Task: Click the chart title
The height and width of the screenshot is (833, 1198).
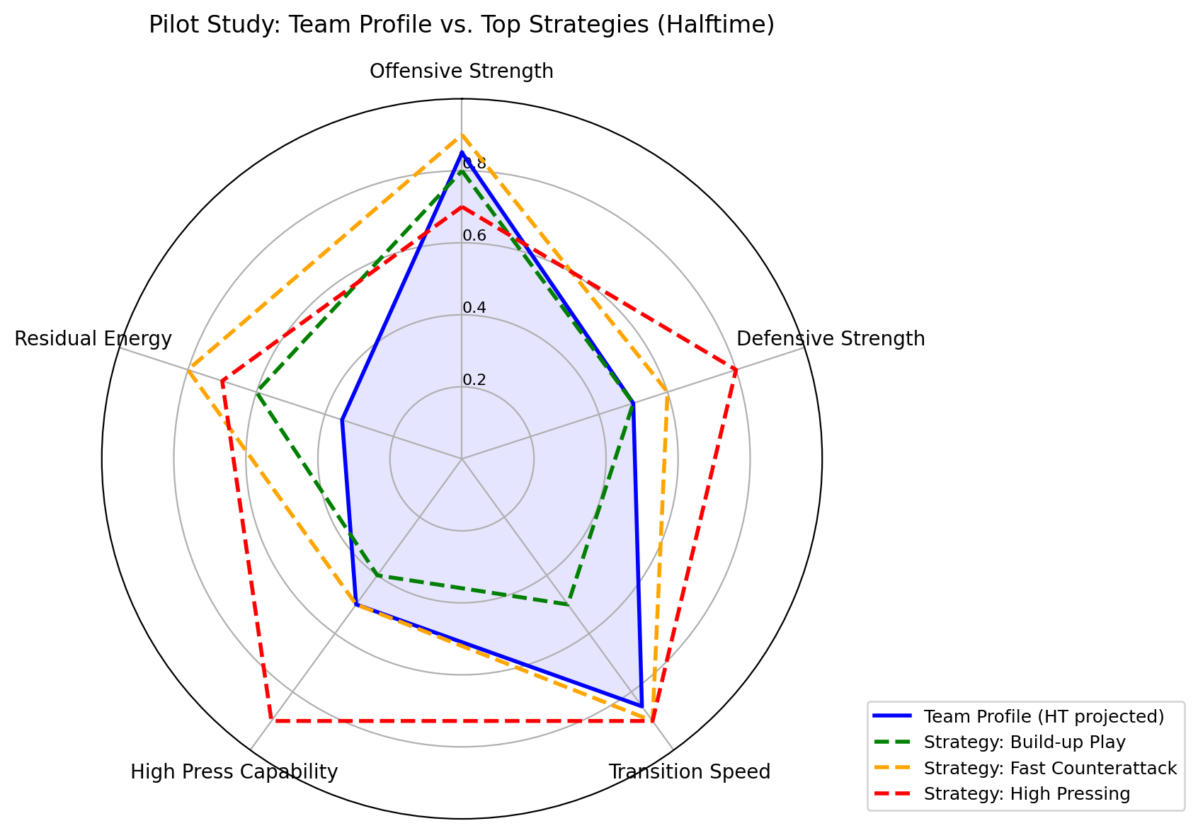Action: point(461,25)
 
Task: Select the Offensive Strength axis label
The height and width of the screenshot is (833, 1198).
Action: point(461,71)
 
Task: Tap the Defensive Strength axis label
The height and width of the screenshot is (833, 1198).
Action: point(831,339)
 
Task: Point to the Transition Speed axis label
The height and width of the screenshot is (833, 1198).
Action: point(690,771)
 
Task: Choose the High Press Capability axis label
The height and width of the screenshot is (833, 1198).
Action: point(234,771)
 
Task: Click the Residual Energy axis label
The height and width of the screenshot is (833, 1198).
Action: point(93,339)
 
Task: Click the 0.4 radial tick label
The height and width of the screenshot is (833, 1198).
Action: point(474,309)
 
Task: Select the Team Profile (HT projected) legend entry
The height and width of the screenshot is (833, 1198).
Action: point(1043,716)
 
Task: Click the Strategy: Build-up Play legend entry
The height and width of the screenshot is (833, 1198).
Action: point(1024,742)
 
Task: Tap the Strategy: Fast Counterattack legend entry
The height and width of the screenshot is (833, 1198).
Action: point(1050,768)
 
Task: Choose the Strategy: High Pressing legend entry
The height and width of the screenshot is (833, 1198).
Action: point(1027,793)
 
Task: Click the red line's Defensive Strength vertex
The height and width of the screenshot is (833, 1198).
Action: point(736,369)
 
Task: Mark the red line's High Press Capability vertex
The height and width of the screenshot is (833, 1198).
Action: point(270,720)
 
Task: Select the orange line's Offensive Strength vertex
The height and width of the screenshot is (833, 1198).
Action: point(462,134)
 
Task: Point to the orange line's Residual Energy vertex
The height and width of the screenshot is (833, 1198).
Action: point(188,369)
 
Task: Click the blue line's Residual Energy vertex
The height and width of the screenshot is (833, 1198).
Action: point(342,420)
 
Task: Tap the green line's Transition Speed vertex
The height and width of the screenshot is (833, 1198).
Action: point(568,604)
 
